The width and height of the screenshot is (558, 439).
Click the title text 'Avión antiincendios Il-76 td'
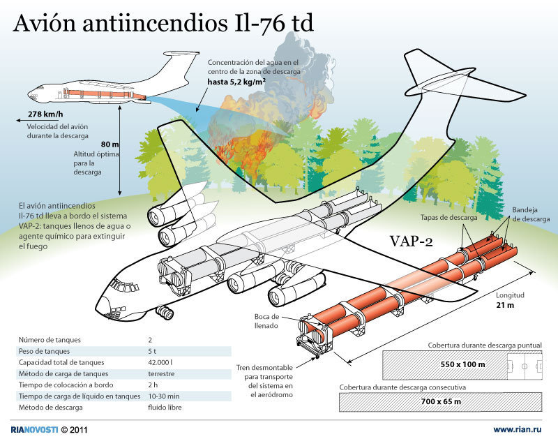[x=163, y=25]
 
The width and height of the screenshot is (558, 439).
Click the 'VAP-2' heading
[x=410, y=241]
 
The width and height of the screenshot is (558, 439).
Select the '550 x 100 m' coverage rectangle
[x=462, y=364]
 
